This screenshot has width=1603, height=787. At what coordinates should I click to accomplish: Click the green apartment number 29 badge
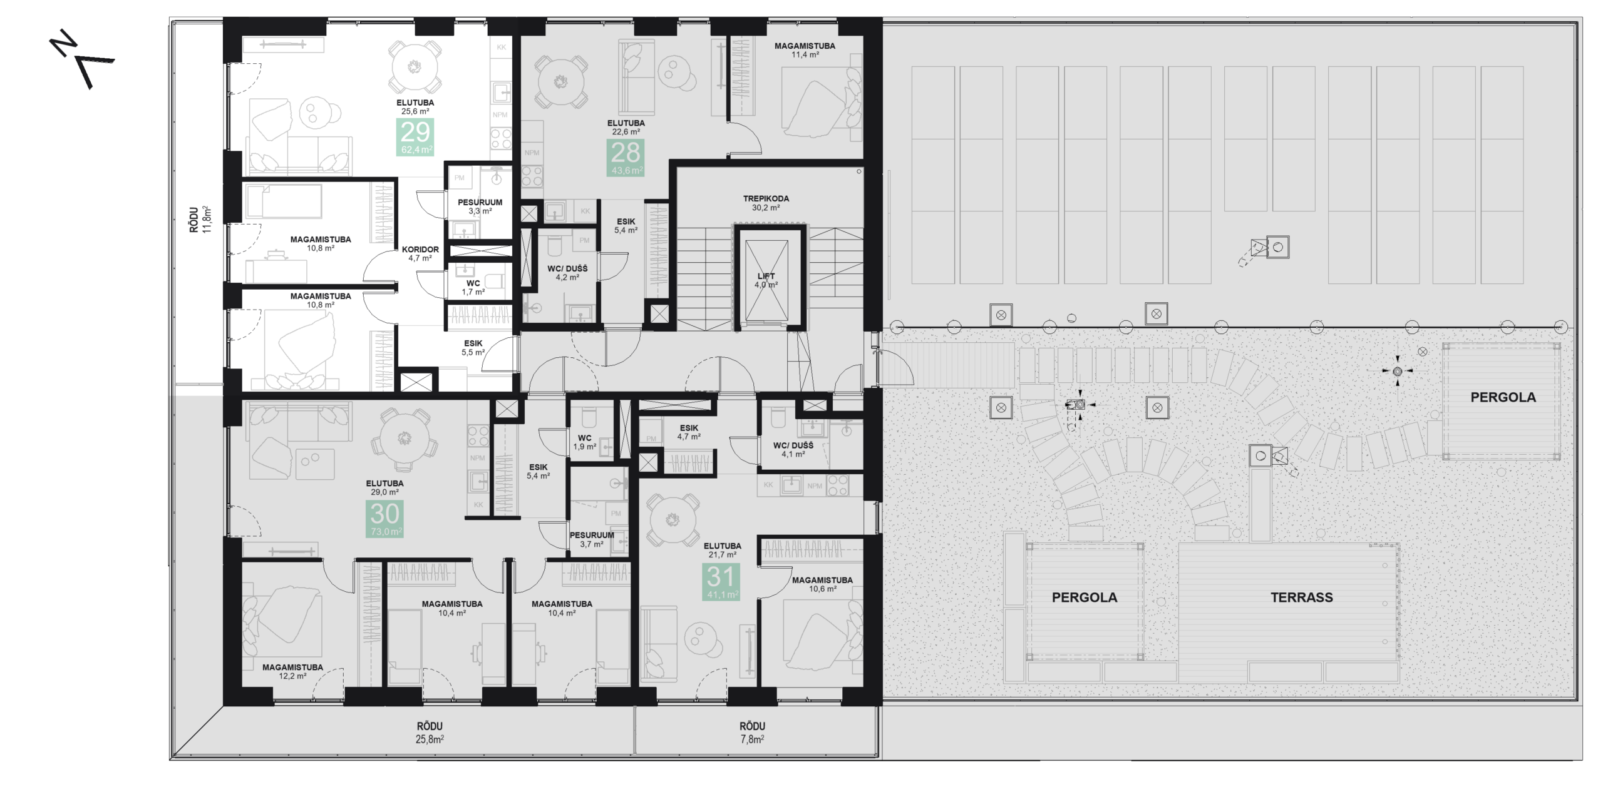tap(415, 137)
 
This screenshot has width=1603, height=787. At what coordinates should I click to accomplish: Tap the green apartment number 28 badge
tap(626, 158)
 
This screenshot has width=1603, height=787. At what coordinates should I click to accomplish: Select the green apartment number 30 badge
tap(384, 519)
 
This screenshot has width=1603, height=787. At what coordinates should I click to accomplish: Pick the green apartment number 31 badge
tap(721, 582)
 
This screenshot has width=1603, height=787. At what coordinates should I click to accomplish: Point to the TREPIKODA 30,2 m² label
tap(766, 203)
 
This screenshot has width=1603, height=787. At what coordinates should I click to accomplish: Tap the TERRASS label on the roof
tap(1301, 597)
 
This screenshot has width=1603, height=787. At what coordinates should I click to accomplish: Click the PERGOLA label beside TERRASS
tap(1084, 597)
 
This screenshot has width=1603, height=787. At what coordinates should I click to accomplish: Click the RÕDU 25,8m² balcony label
tap(430, 733)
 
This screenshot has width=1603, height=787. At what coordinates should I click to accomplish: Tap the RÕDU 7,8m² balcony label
tap(752, 733)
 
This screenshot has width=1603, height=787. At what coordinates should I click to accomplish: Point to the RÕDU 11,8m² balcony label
tap(200, 220)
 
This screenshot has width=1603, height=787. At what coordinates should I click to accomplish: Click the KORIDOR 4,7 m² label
tap(420, 253)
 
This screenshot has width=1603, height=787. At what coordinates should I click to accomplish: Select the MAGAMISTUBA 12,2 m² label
tap(292, 671)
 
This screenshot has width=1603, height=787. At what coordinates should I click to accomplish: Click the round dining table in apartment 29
tap(414, 66)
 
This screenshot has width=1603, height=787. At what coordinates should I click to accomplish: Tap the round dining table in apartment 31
tap(673, 519)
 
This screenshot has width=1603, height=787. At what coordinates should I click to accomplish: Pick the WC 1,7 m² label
tap(473, 287)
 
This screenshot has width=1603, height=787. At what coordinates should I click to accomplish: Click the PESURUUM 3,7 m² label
tap(592, 539)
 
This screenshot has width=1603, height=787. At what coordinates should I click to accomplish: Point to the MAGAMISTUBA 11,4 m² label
tap(805, 50)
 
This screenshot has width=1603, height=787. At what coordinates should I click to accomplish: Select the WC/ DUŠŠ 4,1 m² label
tap(793, 450)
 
